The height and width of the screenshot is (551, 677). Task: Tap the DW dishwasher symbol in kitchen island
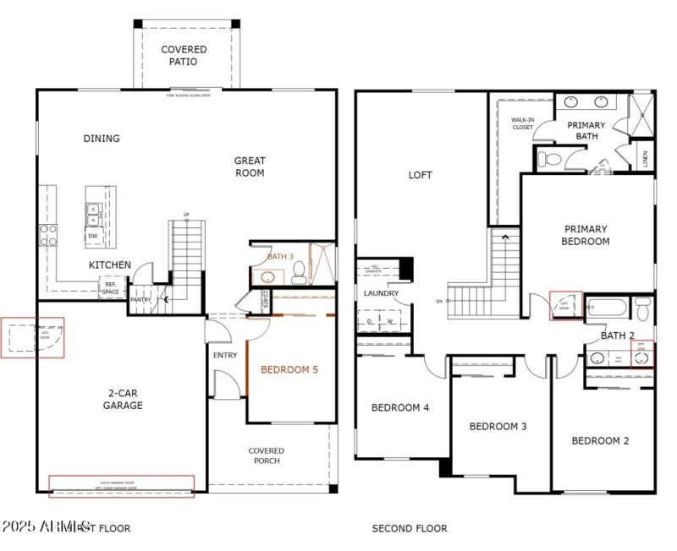coord(93,236)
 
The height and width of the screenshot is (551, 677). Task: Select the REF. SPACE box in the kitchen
coord(111,287)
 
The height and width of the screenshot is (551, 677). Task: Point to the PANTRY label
coord(140,299)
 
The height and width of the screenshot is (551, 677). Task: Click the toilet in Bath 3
coord(298,272)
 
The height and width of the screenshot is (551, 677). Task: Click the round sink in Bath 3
coord(268,275)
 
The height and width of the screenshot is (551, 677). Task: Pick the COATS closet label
coord(265,298)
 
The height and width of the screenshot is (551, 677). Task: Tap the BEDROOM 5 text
coord(289,369)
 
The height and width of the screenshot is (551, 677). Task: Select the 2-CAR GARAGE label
coord(124,399)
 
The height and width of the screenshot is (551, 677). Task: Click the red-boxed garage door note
coord(121,486)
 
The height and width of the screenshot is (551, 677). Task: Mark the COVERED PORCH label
coord(266,456)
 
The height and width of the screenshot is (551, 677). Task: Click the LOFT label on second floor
coord(420,175)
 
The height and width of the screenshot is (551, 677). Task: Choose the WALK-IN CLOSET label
coord(522,123)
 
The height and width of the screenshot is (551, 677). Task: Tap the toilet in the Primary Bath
coord(551,158)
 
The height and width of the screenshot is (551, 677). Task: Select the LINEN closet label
coord(645,159)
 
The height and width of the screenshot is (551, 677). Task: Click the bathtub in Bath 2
coord(608,308)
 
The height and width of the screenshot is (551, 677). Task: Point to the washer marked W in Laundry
coord(390,322)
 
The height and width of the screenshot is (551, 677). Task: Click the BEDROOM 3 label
coord(498,426)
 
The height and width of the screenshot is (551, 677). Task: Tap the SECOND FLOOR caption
coord(410,528)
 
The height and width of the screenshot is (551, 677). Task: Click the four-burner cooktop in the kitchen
coord(47,234)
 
